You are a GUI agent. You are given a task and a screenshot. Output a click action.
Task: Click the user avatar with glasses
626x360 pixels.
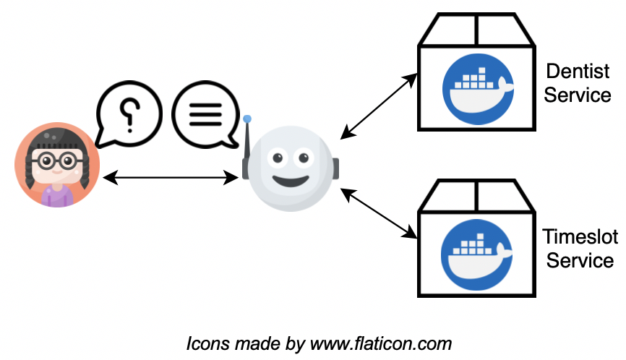(x=56, y=165)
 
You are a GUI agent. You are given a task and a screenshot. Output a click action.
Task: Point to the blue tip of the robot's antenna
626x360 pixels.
(x=247, y=119)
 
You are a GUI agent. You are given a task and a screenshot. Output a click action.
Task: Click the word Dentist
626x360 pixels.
(x=578, y=72)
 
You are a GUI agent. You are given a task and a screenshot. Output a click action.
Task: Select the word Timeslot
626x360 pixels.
(x=579, y=236)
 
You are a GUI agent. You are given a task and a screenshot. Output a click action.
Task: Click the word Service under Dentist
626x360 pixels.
(x=578, y=95)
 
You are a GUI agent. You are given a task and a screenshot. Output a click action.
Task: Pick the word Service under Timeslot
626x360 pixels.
(x=580, y=260)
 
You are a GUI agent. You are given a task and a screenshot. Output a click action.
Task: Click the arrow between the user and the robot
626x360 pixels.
(x=171, y=176)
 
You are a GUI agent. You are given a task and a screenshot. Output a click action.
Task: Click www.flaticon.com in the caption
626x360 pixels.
(x=381, y=343)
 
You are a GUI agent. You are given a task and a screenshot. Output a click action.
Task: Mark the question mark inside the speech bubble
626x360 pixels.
(x=129, y=112)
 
